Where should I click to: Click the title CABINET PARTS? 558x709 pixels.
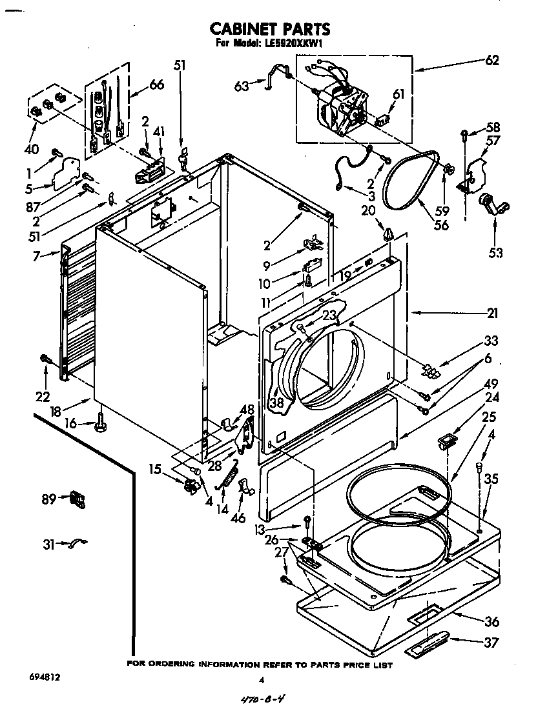(270, 28)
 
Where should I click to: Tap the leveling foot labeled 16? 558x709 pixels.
(101, 424)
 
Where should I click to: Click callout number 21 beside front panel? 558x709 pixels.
(492, 314)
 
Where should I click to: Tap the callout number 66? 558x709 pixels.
(156, 85)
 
